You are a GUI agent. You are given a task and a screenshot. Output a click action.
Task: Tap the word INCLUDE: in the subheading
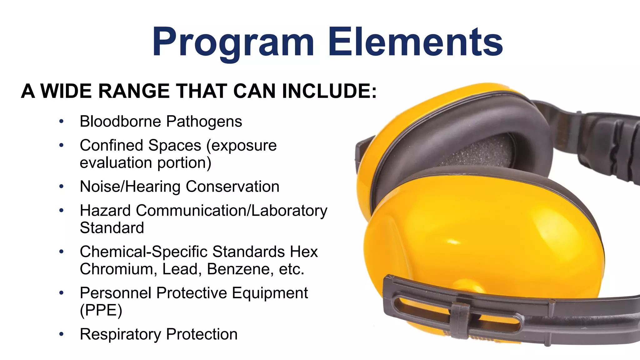329,91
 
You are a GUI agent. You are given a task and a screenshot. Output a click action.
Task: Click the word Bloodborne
120,121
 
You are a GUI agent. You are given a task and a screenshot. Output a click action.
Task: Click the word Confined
111,145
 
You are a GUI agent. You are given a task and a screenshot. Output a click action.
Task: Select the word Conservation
232,187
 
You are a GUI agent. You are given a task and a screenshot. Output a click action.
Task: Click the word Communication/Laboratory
232,211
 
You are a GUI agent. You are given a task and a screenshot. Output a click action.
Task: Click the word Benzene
238,269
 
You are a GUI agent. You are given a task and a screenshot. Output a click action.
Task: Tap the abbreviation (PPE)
101,310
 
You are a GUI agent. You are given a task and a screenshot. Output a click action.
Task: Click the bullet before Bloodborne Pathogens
62,121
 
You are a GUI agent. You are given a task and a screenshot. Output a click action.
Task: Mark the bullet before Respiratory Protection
62,334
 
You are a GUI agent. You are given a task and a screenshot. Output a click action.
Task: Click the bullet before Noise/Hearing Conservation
62,187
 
